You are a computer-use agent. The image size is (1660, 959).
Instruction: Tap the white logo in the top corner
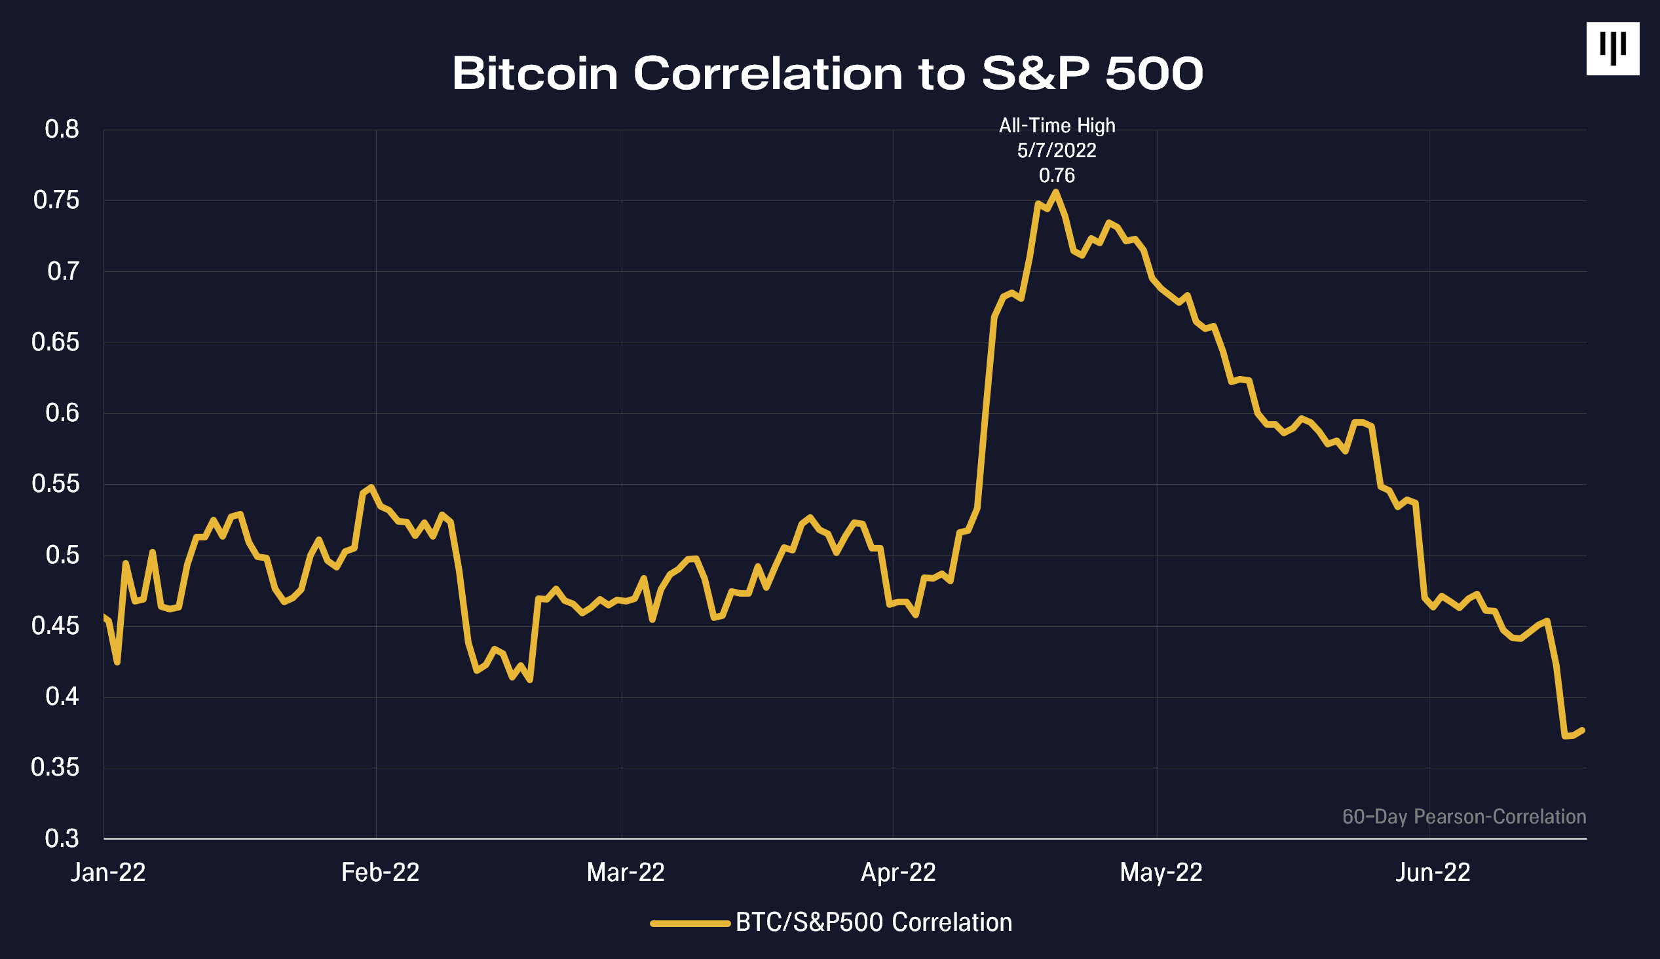pyautogui.click(x=1612, y=48)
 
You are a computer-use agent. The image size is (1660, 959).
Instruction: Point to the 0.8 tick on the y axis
pyautogui.click(x=62, y=129)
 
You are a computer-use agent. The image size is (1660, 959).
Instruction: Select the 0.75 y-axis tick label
pyautogui.click(x=56, y=200)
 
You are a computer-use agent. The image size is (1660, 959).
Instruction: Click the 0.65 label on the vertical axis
pyautogui.click(x=55, y=342)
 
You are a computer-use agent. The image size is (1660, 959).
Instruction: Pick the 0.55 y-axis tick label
pyautogui.click(x=55, y=484)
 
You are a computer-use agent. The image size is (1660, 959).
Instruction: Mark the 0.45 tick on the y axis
pyautogui.click(x=55, y=626)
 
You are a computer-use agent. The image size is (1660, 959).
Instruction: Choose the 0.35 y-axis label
pyautogui.click(x=55, y=767)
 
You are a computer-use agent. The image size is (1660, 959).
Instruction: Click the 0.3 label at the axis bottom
pyautogui.click(x=62, y=838)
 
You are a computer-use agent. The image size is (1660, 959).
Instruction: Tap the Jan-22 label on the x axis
pyautogui.click(x=108, y=873)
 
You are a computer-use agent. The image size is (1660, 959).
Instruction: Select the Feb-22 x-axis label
pyautogui.click(x=380, y=873)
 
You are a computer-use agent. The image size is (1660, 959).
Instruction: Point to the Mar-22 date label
pyautogui.click(x=626, y=873)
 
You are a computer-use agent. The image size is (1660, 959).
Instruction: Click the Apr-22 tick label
pyautogui.click(x=898, y=873)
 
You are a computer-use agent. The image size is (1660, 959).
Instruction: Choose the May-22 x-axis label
pyautogui.click(x=1161, y=873)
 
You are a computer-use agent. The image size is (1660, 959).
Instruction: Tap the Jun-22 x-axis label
pyautogui.click(x=1433, y=873)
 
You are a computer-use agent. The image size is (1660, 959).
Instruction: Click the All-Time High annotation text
pyautogui.click(x=1057, y=125)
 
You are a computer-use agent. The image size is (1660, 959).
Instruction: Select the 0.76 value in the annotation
pyautogui.click(x=1057, y=175)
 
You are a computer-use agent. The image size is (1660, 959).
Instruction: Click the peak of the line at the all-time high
pyautogui.click(x=1056, y=192)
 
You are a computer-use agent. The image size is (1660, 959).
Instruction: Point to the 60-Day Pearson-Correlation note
pyautogui.click(x=1463, y=817)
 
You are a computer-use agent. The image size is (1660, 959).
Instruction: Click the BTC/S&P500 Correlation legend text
pyautogui.click(x=874, y=923)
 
